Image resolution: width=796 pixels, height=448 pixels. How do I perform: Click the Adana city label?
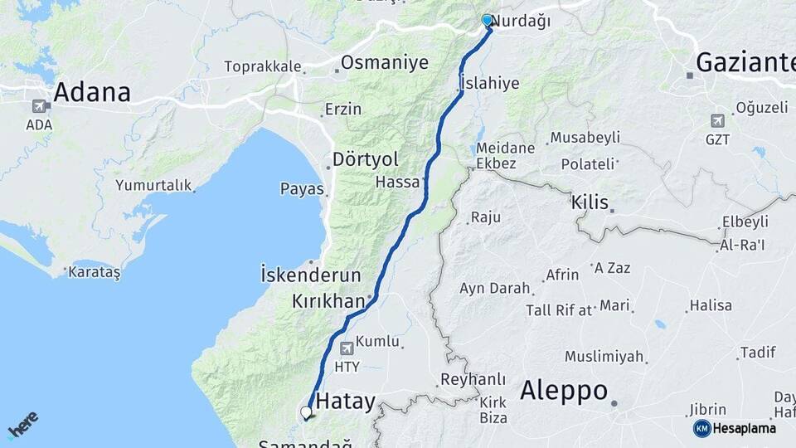(x=92, y=92)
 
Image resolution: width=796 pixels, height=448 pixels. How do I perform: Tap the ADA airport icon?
(x=39, y=106)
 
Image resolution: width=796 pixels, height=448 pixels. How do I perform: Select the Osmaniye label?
(x=385, y=62)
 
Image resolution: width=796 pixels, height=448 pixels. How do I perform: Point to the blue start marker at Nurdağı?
(x=488, y=21)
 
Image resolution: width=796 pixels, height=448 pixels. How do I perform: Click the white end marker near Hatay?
(x=306, y=411)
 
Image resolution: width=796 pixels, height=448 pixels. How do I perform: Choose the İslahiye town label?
(x=489, y=83)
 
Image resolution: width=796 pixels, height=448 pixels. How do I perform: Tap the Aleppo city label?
(x=564, y=391)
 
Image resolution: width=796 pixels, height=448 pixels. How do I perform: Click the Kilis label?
(x=590, y=202)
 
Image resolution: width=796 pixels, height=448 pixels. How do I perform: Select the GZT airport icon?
(x=717, y=120)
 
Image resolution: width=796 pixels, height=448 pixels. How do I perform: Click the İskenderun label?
(x=311, y=274)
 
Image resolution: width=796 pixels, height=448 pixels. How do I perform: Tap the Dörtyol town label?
(x=365, y=158)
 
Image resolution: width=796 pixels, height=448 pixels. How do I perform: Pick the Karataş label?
(x=94, y=272)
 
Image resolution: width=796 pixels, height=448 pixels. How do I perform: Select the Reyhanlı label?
(x=473, y=378)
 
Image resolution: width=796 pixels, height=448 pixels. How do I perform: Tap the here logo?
(x=22, y=424)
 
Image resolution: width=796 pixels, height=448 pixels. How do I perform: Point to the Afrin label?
(x=562, y=275)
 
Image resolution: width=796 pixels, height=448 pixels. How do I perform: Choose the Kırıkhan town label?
(x=328, y=301)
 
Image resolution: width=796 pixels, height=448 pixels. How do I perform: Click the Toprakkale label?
(x=262, y=66)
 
